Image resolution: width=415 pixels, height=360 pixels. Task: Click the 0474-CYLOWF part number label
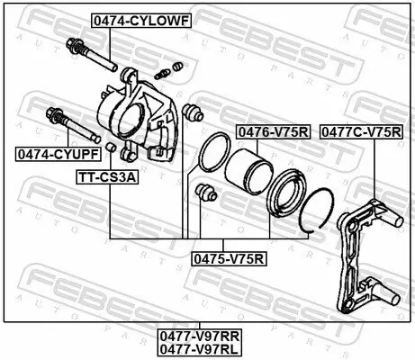(x=140, y=21)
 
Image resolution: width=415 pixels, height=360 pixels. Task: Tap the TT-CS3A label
(x=105, y=178)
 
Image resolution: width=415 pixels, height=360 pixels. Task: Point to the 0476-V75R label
(x=273, y=131)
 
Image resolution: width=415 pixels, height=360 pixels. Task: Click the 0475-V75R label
(x=229, y=259)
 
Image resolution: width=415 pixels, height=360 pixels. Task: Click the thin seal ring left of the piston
(x=210, y=155)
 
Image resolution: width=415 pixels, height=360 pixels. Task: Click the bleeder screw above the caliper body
(x=161, y=73)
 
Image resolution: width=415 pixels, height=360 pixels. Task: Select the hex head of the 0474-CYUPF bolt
(x=53, y=115)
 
